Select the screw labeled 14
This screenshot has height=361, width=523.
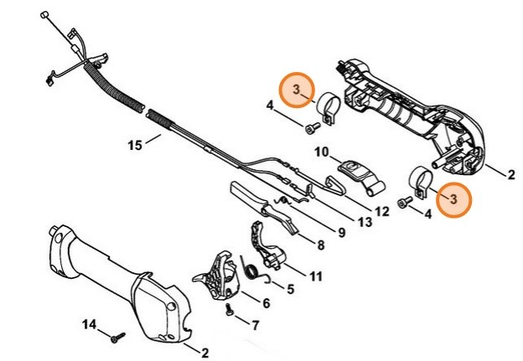[116, 336]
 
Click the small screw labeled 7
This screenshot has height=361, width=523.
[229, 311]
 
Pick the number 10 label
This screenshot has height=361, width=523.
[321, 152]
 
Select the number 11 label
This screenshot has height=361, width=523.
[315, 276]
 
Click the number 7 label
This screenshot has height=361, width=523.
[256, 324]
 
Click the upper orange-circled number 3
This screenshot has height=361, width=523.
[296, 89]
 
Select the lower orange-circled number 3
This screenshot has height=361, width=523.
[453, 199]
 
